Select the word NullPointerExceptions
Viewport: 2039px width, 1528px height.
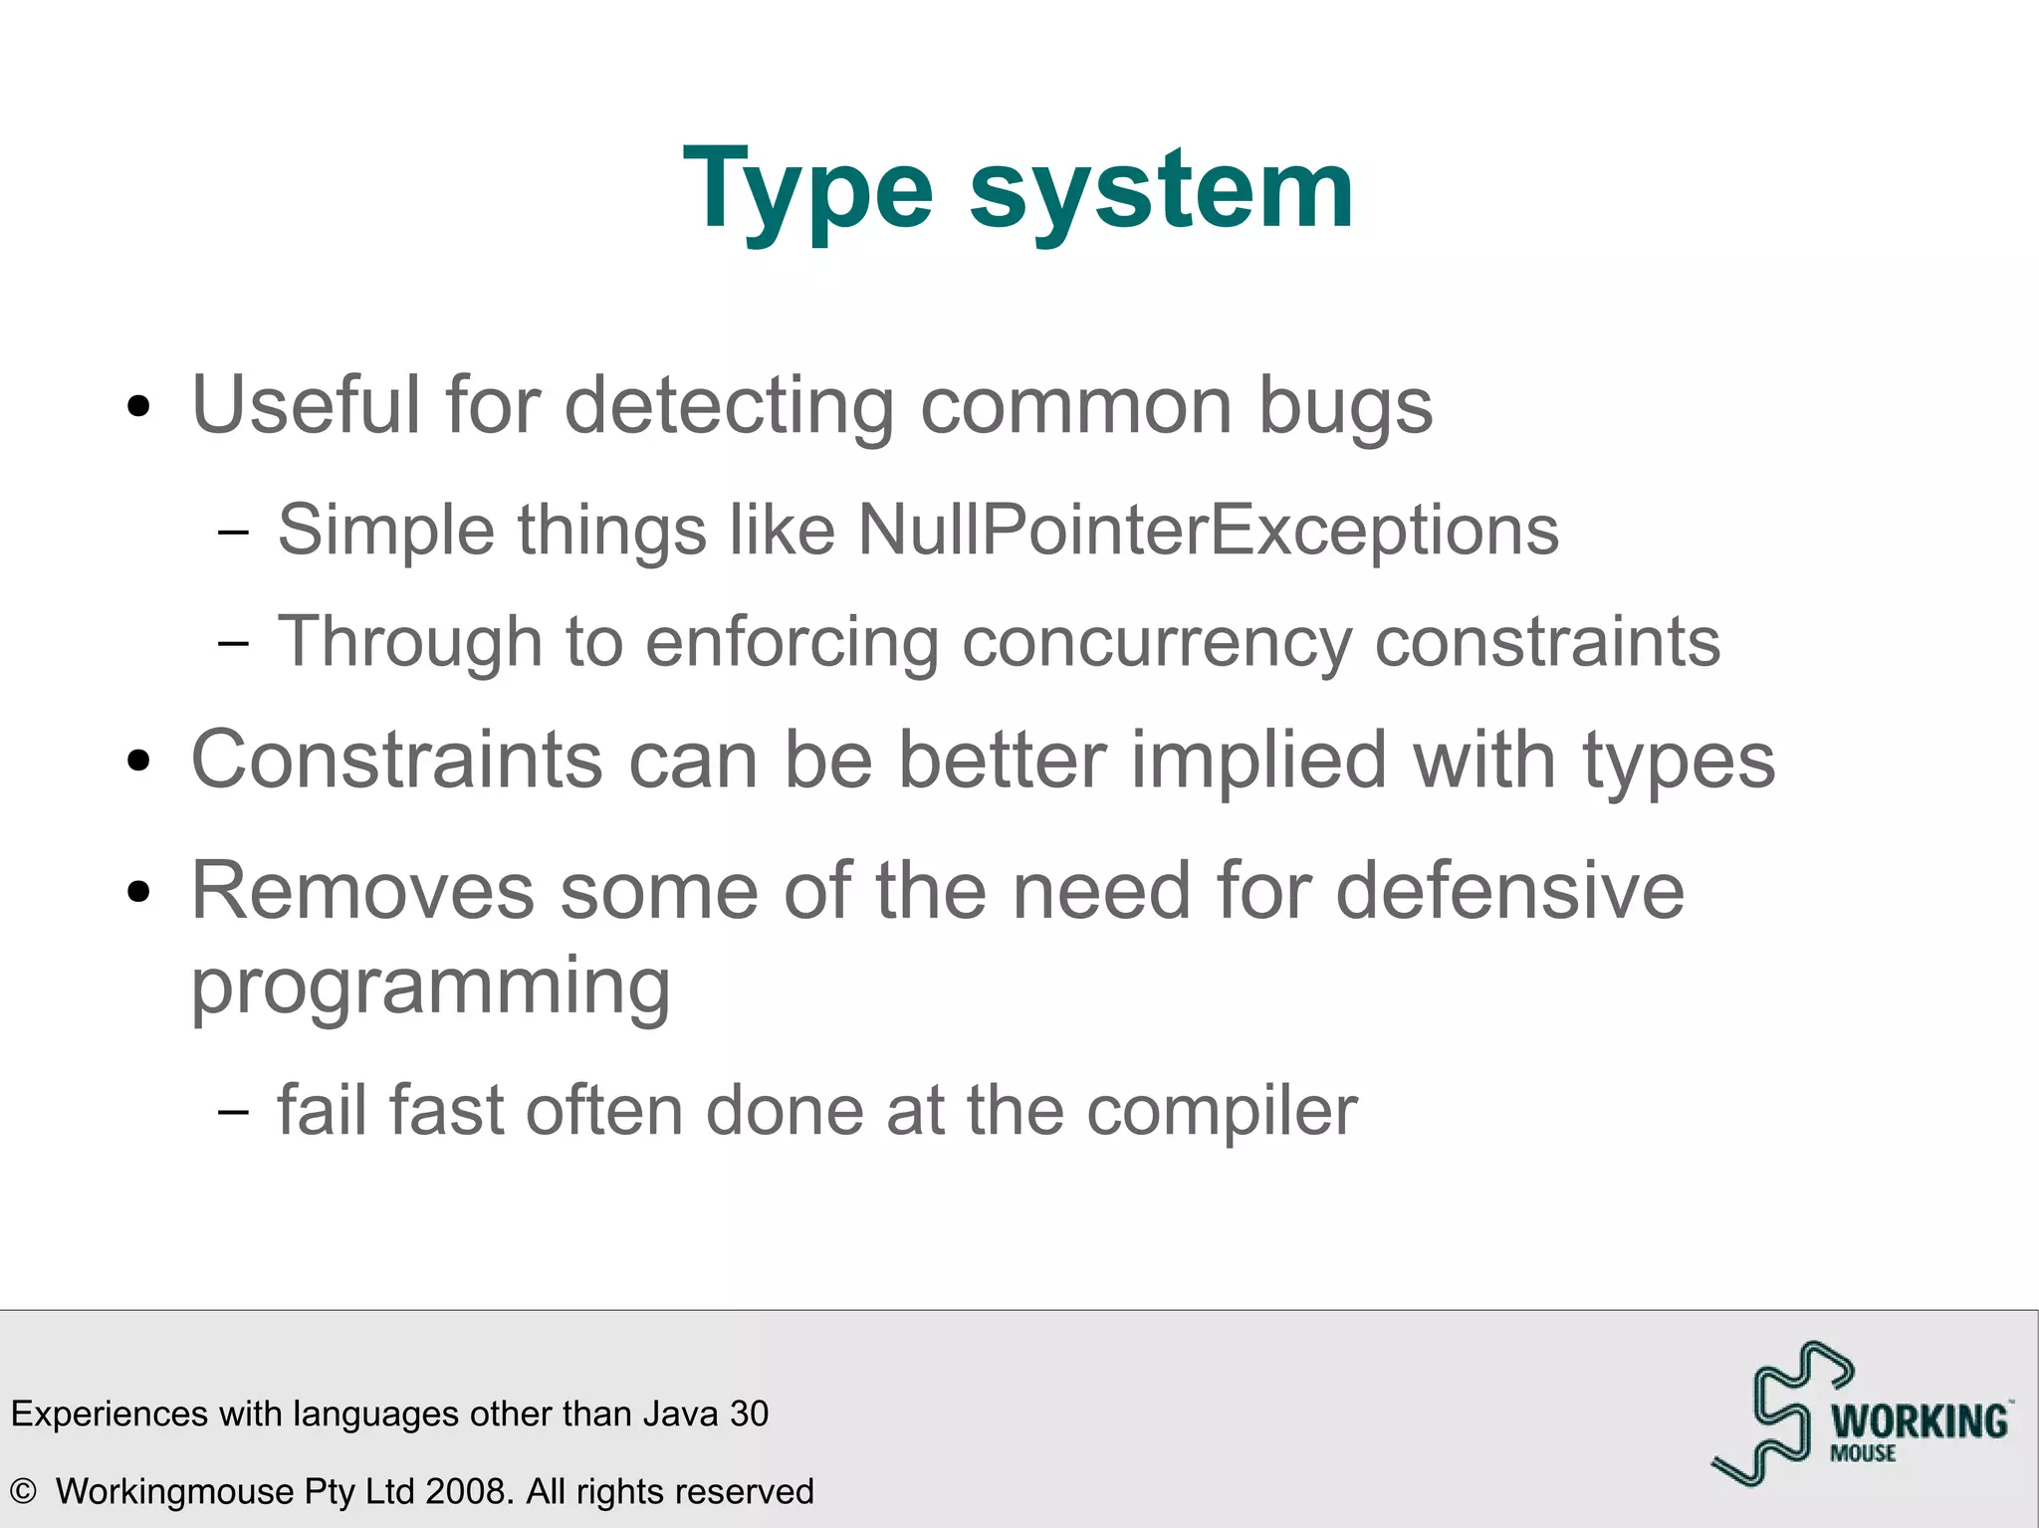pos(1208,530)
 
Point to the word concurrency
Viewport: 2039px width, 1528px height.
pos(1156,642)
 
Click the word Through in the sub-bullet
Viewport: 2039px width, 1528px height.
pos(409,642)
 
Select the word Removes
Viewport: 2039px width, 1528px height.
pos(362,890)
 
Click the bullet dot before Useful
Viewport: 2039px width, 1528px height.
pos(139,407)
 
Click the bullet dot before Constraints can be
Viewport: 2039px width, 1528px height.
pos(139,763)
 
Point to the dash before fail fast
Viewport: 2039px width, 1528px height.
pos(233,1112)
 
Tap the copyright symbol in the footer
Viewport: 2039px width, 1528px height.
pos(23,1491)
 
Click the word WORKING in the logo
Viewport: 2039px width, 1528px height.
pos(1920,1421)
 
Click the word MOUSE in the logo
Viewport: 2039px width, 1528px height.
pos(1863,1453)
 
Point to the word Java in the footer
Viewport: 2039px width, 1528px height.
pos(681,1414)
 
